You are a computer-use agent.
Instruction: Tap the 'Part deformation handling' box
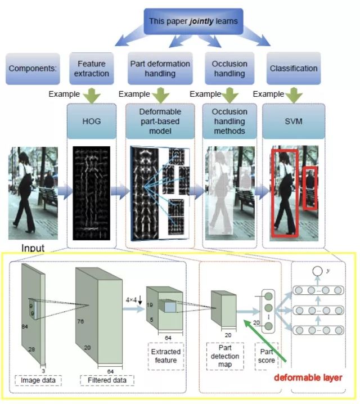[160, 69]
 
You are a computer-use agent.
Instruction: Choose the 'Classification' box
[293, 69]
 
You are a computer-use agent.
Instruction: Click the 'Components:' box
[33, 69]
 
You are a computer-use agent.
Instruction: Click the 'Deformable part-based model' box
[160, 121]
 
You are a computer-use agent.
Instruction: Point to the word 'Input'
[33, 248]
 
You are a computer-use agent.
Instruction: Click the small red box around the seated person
[309, 188]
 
